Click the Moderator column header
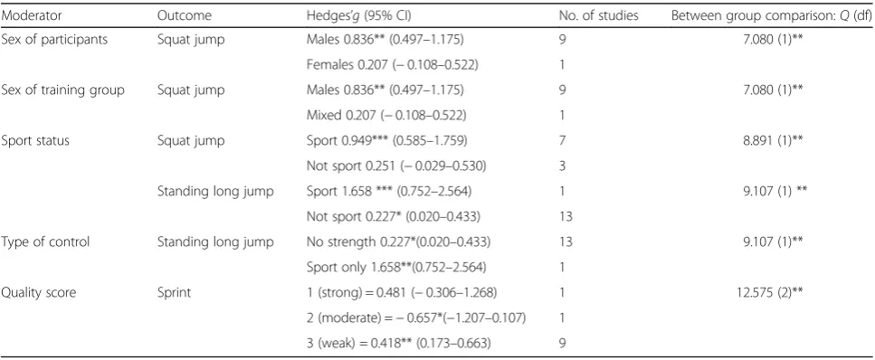pyautogui.click(x=32, y=15)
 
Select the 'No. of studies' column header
pyautogui.click(x=598, y=15)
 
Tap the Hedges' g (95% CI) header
pyautogui.click(x=359, y=16)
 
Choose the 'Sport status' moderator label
pyautogui.click(x=35, y=140)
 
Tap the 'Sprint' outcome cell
pyautogui.click(x=174, y=293)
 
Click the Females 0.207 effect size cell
pyautogui.click(x=393, y=65)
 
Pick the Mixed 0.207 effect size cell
pyautogui.click(x=386, y=116)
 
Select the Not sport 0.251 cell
pyautogui.click(x=394, y=166)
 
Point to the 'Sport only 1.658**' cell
pyautogui.click(x=396, y=268)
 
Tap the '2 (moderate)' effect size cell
pyautogui.click(x=417, y=318)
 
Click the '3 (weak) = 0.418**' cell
pyautogui.click(x=398, y=344)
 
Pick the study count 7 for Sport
pyautogui.click(x=563, y=141)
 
